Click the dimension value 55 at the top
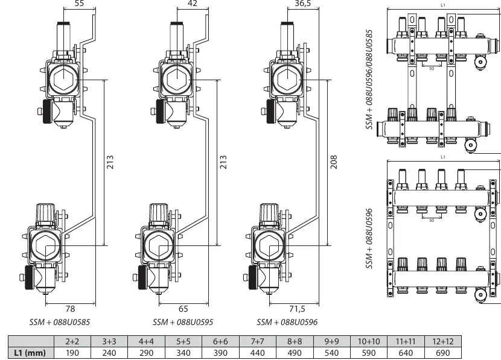[x=79, y=3]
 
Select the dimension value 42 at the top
[x=192, y=3]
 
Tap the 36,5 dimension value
[x=302, y=3]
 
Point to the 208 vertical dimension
[x=334, y=162]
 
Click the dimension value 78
[x=70, y=309]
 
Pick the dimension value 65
[x=183, y=309]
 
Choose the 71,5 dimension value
[x=297, y=309]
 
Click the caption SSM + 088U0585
[x=60, y=322]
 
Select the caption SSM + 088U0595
[x=183, y=322]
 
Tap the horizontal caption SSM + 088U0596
[x=287, y=322]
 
